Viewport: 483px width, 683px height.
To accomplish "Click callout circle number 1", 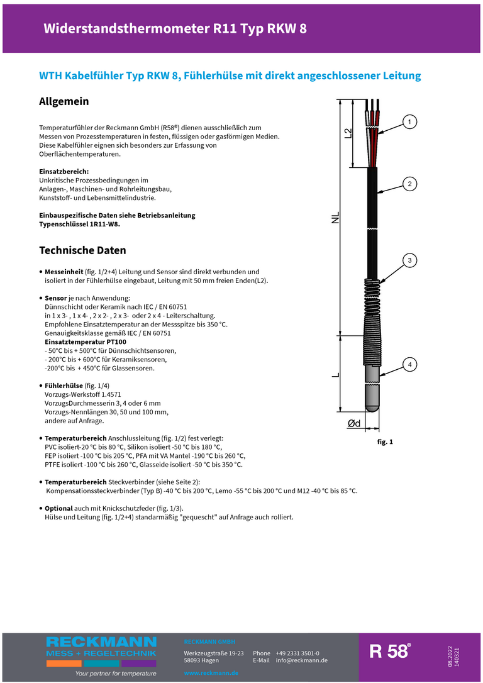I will (x=409, y=121).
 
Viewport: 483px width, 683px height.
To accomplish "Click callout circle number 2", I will (x=409, y=184).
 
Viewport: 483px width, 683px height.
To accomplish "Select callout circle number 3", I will (x=409, y=260).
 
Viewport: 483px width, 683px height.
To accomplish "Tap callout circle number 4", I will (x=409, y=364).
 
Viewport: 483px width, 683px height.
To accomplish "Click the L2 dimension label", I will (x=348, y=133).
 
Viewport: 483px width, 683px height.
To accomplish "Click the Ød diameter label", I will (x=354, y=424).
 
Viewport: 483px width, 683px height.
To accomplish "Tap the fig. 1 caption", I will (x=385, y=442).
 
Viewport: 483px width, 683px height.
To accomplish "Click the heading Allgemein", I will (x=64, y=101).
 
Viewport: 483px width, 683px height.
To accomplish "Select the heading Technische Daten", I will (x=82, y=250).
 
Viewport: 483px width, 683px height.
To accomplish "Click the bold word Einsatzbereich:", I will (x=64, y=171).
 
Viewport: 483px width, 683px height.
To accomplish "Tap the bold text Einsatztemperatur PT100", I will (x=86, y=341).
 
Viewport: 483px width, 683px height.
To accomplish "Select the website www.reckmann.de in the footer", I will (x=211, y=673).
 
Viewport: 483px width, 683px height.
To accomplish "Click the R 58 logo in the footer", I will (x=390, y=652).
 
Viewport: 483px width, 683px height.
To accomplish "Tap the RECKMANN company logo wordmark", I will (x=101, y=642).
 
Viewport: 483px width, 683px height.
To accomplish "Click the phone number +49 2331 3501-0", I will (x=297, y=653).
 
